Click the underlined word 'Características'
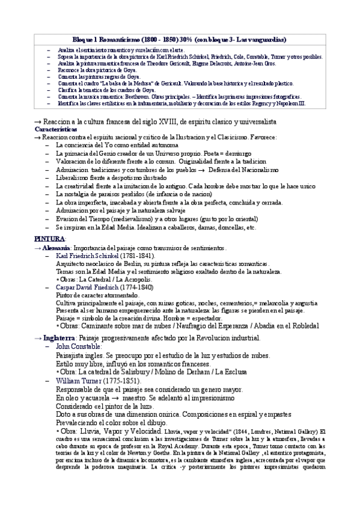point(56,129)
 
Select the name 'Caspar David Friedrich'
point(87,287)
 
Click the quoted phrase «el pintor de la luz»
point(103,407)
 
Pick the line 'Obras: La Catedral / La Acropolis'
point(103,280)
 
